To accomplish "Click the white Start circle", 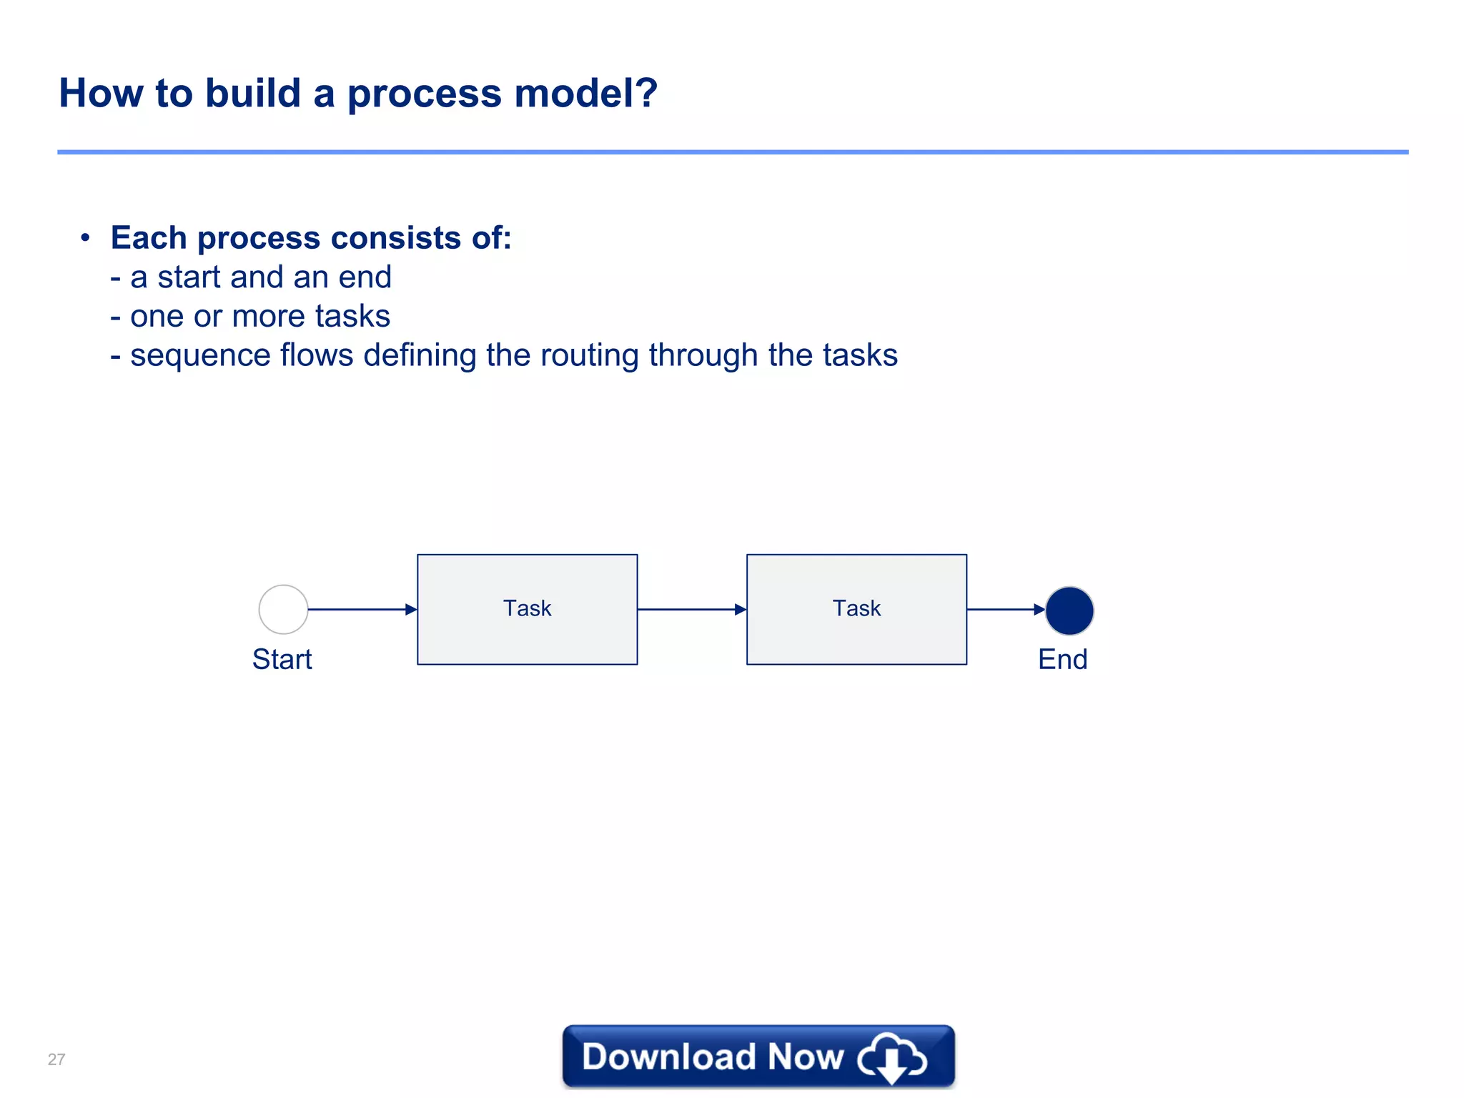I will (x=283, y=609).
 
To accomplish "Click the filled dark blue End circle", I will (x=1069, y=610).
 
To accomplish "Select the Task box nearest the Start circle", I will (x=527, y=609).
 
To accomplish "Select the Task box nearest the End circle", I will (x=856, y=609).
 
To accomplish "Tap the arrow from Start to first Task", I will (x=362, y=609).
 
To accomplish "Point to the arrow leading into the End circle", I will (x=1005, y=609).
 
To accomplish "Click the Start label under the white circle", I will (x=282, y=659).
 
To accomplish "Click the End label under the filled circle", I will (x=1062, y=659).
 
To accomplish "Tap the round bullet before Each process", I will (x=85, y=237).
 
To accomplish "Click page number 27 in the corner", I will (x=56, y=1059).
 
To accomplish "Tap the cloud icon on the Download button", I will (x=892, y=1057).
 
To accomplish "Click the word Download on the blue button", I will (x=668, y=1057).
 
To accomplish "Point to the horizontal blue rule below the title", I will (x=732, y=152).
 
